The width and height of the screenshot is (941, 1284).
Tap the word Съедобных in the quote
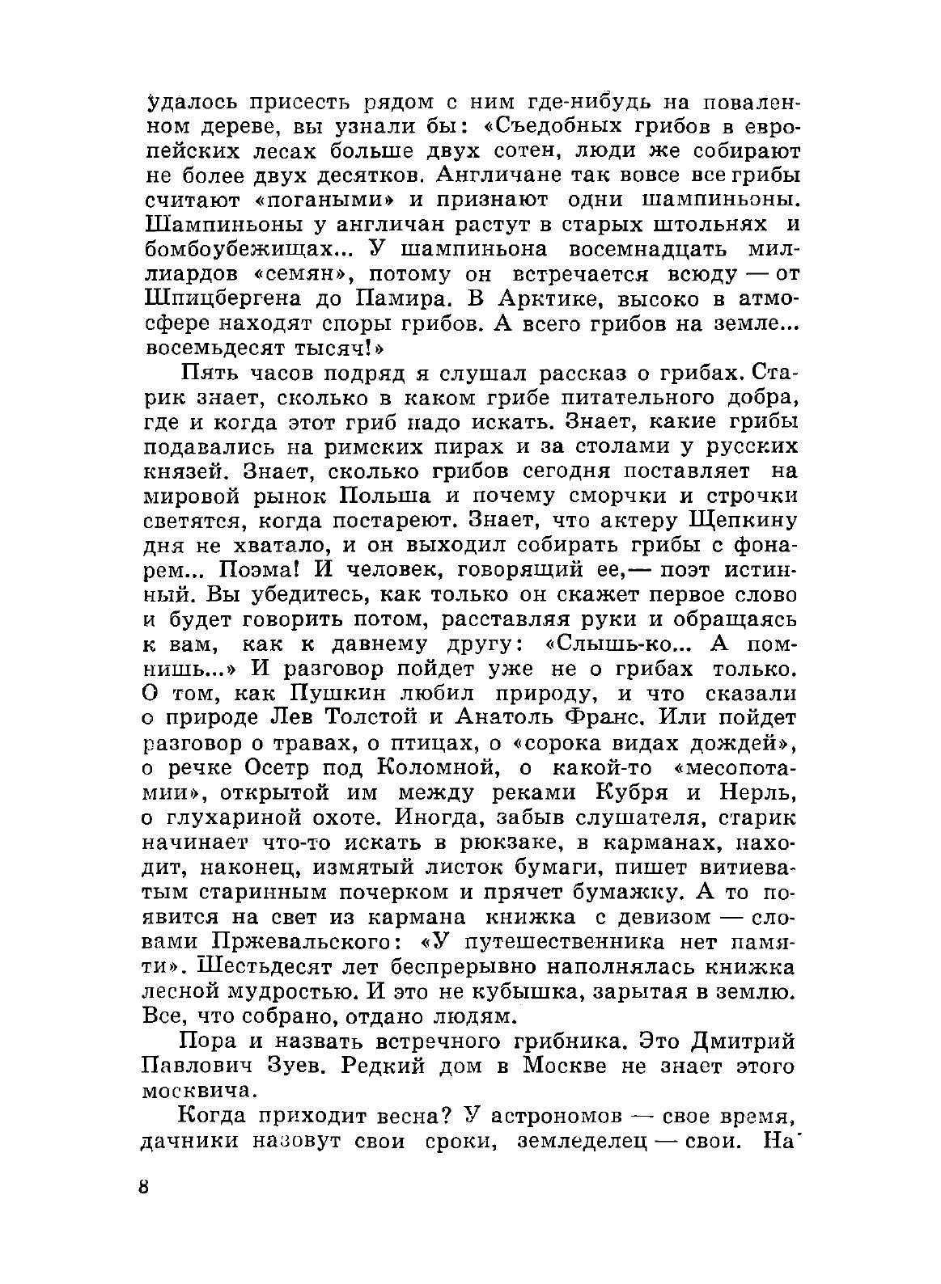coord(549,127)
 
